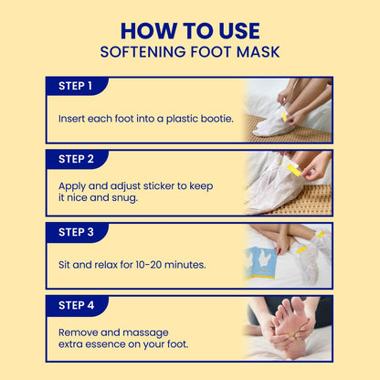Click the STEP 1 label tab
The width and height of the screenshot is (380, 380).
pos(76,86)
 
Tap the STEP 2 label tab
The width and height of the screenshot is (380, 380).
pos(76,159)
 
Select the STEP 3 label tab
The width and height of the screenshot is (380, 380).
pos(76,232)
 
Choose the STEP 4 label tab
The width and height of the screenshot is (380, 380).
pos(76,305)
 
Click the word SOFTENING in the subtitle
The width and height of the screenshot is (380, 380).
pos(142,52)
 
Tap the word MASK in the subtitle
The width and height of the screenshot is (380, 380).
pos(259,52)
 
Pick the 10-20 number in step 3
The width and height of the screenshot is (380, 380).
pos(149,265)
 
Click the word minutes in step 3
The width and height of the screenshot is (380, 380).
pos(185,265)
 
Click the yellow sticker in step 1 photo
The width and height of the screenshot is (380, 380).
pos(285,116)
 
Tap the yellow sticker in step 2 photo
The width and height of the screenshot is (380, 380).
pos(294,170)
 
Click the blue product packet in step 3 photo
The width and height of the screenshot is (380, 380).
pos(259,263)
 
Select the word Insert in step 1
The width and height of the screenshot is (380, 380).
pos(71,119)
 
